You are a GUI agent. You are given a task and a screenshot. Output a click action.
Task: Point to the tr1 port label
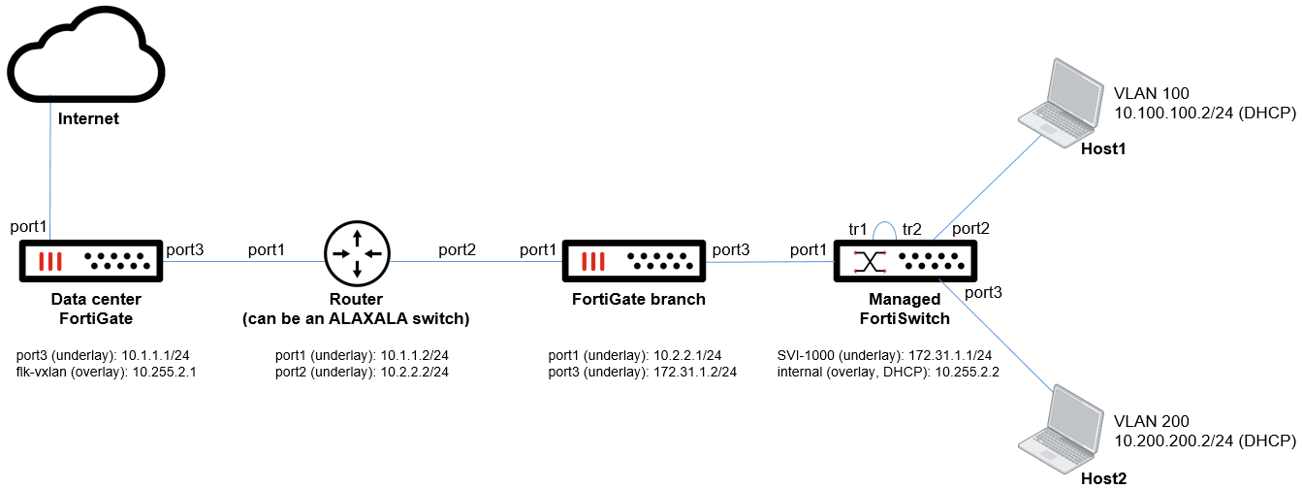857,229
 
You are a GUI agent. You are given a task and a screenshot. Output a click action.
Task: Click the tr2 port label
911,229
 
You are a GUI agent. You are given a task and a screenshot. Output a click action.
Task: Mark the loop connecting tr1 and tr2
884,226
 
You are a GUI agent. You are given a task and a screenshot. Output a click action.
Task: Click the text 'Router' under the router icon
356,299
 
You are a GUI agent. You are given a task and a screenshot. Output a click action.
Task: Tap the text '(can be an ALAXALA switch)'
356,318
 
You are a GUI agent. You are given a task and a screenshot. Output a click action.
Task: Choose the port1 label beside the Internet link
27,227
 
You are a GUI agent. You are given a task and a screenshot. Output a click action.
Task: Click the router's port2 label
457,249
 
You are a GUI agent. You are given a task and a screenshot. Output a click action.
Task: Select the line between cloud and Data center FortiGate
49,175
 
